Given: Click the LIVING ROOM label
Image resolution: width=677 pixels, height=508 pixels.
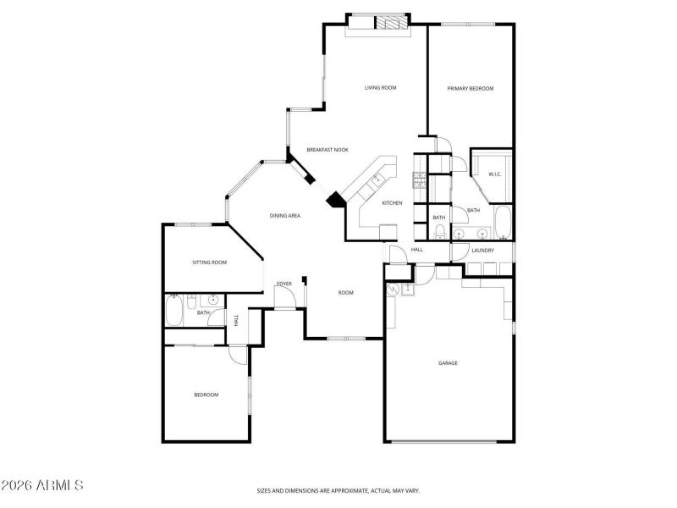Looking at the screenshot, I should click(381, 87).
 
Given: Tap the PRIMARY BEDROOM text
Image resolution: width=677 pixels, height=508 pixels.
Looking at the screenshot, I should click(470, 88).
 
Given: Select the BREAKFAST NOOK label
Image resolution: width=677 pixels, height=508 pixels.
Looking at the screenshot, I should click(327, 150).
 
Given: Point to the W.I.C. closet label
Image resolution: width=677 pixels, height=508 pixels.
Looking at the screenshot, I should click(494, 174).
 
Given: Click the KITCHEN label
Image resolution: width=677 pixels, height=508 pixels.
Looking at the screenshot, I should click(391, 203).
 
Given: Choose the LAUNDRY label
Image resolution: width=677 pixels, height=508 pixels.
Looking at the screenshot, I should click(482, 251).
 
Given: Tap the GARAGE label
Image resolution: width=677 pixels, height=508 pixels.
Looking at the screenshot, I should click(448, 363).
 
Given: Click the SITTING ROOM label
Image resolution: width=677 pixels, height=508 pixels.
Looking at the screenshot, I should click(209, 262).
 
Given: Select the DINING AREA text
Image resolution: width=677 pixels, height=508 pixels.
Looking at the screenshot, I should click(285, 216).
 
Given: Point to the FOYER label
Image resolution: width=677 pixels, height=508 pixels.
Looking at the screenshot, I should click(284, 283).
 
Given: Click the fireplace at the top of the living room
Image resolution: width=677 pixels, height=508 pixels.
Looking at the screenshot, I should click(392, 23).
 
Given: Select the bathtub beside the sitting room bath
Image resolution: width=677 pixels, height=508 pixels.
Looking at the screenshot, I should click(173, 312).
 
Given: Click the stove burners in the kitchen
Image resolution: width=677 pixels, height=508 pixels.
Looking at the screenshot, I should click(419, 179).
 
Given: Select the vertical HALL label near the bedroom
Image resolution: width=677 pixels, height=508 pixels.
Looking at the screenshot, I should click(236, 320).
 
